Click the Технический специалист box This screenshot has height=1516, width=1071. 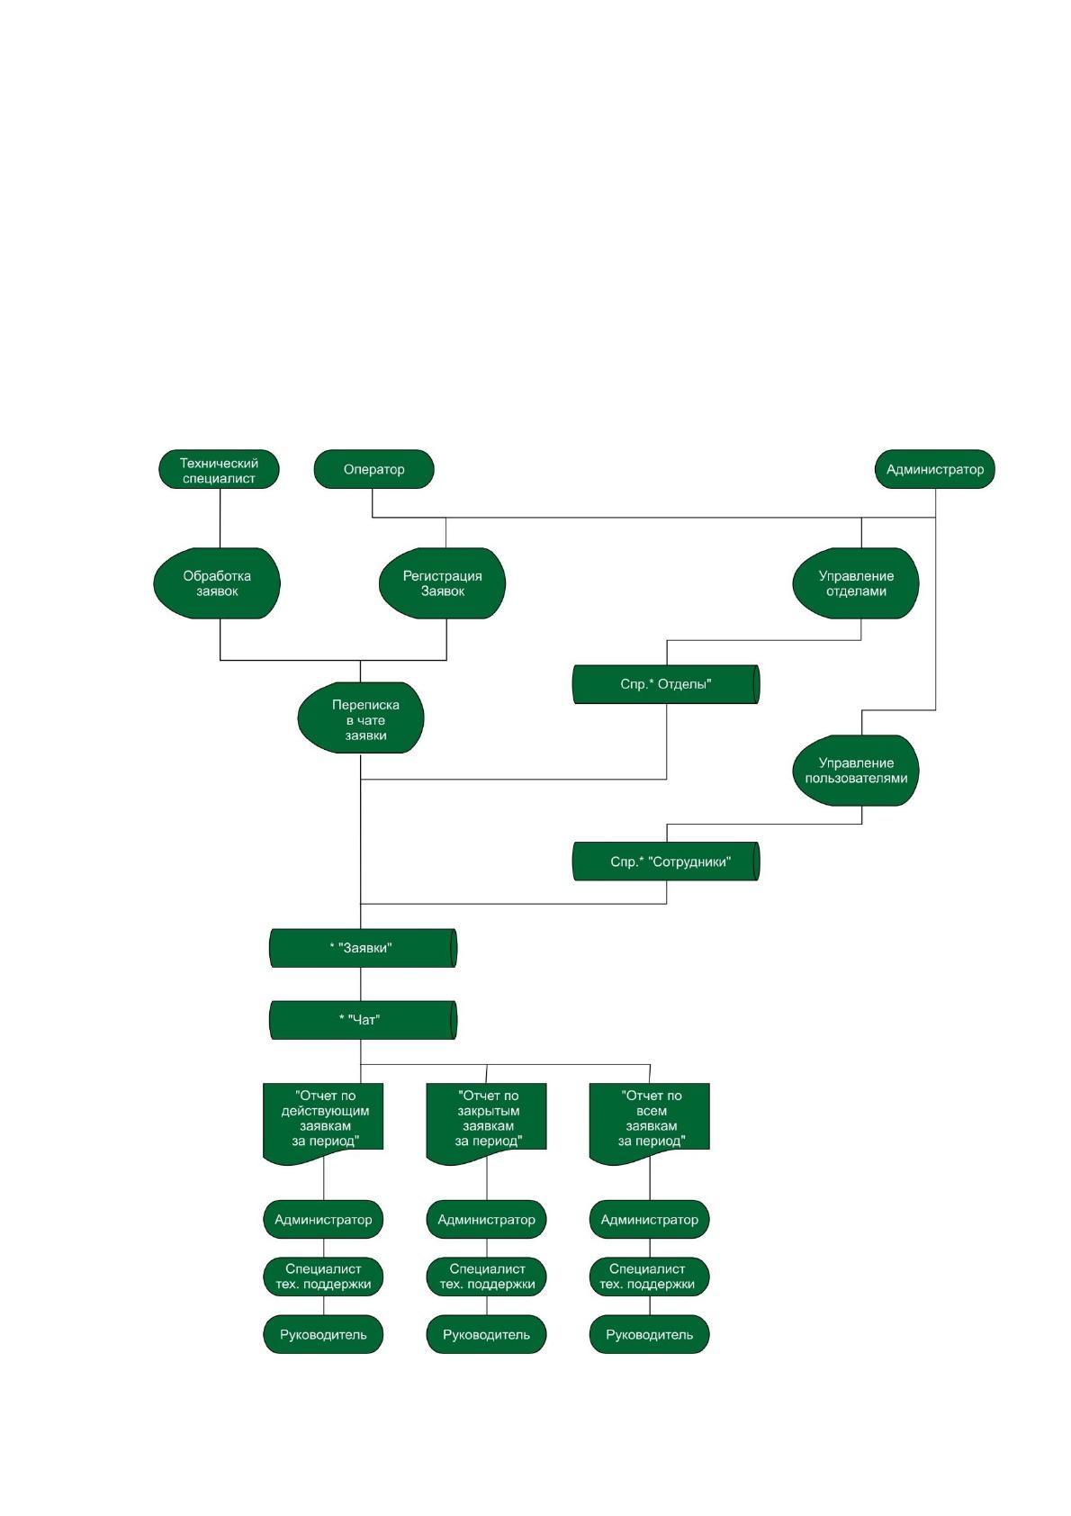[219, 469]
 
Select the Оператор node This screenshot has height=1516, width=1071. [373, 469]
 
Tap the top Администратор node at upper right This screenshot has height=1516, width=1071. [934, 469]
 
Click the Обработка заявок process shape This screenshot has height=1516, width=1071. [217, 582]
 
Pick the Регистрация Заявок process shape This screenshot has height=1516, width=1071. [442, 582]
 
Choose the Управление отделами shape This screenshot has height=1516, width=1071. [855, 582]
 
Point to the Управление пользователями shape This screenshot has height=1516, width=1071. [855, 771]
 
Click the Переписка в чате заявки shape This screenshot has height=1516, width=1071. [361, 717]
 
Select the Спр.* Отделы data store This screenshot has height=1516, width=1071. [666, 684]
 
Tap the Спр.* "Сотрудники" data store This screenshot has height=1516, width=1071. [666, 861]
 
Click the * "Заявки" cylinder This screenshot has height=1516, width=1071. [363, 947]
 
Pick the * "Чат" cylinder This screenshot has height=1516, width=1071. [363, 1019]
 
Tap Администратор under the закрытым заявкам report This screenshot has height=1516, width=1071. [486, 1220]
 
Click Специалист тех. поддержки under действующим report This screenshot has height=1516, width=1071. [323, 1277]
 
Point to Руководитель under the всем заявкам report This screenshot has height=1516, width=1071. [649, 1335]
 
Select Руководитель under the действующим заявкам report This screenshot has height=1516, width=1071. [323, 1335]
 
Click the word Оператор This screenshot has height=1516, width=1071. [373, 469]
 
